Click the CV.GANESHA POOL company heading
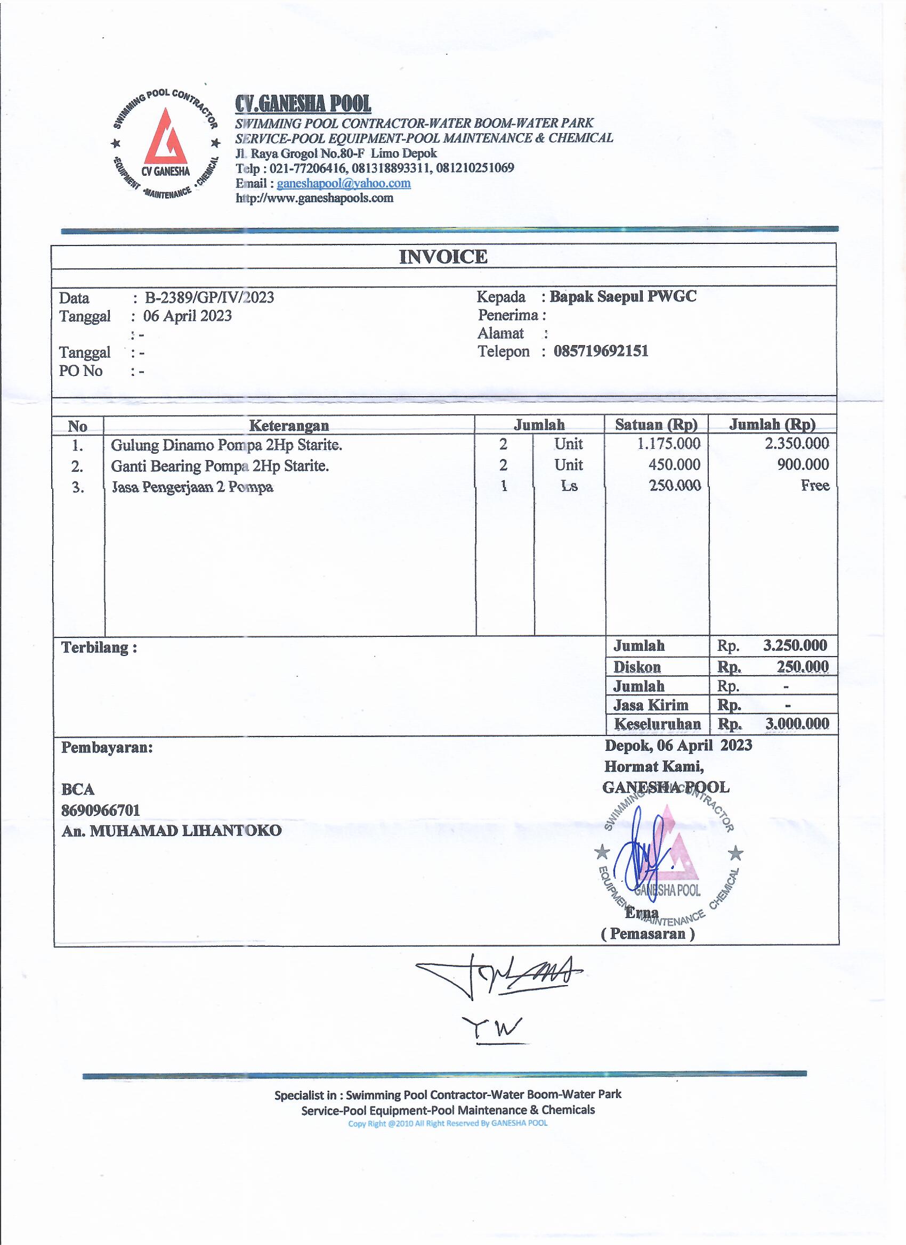coord(303,103)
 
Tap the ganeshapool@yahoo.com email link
coord(343,183)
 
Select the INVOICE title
coord(443,257)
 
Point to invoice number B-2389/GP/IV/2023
coord(209,298)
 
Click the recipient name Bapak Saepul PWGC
coord(622,297)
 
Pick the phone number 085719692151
coord(601,351)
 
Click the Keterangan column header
coord(289,425)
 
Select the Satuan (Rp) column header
coord(656,424)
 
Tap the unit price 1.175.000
coord(669,444)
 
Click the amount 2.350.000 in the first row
coord(797,444)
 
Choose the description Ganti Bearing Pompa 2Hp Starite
coord(220,466)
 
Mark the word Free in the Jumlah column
coord(815,485)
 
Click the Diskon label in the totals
coord(637,667)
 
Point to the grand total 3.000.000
coord(797,724)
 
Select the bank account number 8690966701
coord(101,810)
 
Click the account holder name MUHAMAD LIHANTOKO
coord(185,831)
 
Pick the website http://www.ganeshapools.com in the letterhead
coord(314,198)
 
